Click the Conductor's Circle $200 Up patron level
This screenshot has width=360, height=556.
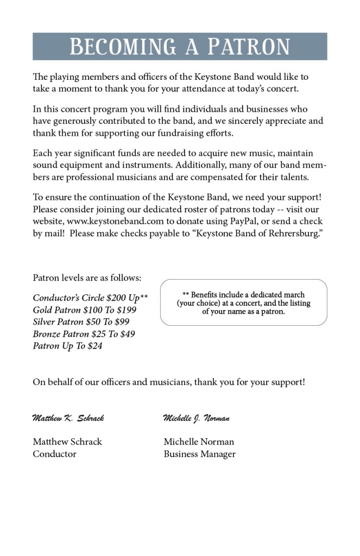pos(90,298)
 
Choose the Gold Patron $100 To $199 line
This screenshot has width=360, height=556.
pos(84,309)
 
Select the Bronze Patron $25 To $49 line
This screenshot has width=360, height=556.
pos(84,333)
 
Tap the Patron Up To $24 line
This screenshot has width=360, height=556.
pos(67,345)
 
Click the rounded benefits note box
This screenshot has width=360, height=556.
pos(243,302)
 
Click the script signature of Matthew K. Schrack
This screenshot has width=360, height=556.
pos(68,418)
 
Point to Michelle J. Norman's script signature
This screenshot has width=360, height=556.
pos(196,418)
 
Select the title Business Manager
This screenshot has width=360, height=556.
pos(199,454)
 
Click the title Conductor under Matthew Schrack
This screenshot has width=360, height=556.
pos(54,454)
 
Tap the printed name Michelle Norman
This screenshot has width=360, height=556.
pos(199,442)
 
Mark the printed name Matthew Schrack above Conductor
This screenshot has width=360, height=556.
pos(67,442)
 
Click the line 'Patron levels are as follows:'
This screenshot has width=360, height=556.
pos(87,277)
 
